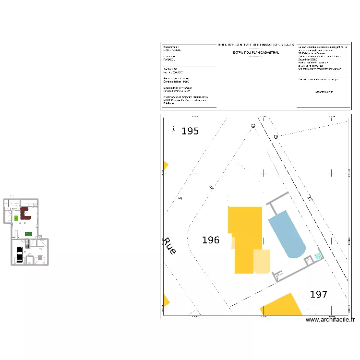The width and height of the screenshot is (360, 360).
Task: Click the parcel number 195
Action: pyautogui.click(x=190, y=131)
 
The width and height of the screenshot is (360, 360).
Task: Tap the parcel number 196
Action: pyautogui.click(x=211, y=240)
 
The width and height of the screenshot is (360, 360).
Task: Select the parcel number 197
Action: pyautogui.click(x=319, y=294)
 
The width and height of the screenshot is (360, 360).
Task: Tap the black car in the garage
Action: pyautogui.click(x=19, y=254)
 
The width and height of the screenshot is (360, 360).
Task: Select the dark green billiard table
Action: pyautogui.click(x=28, y=234)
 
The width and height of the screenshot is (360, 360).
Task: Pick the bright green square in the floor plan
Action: pyautogui.click(x=16, y=218)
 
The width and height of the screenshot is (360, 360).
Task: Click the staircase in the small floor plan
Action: pyautogui.click(x=27, y=243)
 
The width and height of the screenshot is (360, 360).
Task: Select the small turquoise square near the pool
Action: pyautogui.click(x=318, y=256)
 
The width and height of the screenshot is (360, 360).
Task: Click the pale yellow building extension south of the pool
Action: pyautogui.click(x=262, y=261)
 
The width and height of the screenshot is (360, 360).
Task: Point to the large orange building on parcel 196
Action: pyautogui.click(x=245, y=235)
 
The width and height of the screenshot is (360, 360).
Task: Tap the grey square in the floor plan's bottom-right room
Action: pyautogui.click(x=40, y=258)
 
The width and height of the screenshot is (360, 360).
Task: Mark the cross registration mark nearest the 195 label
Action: pyautogui.click(x=194, y=172)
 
